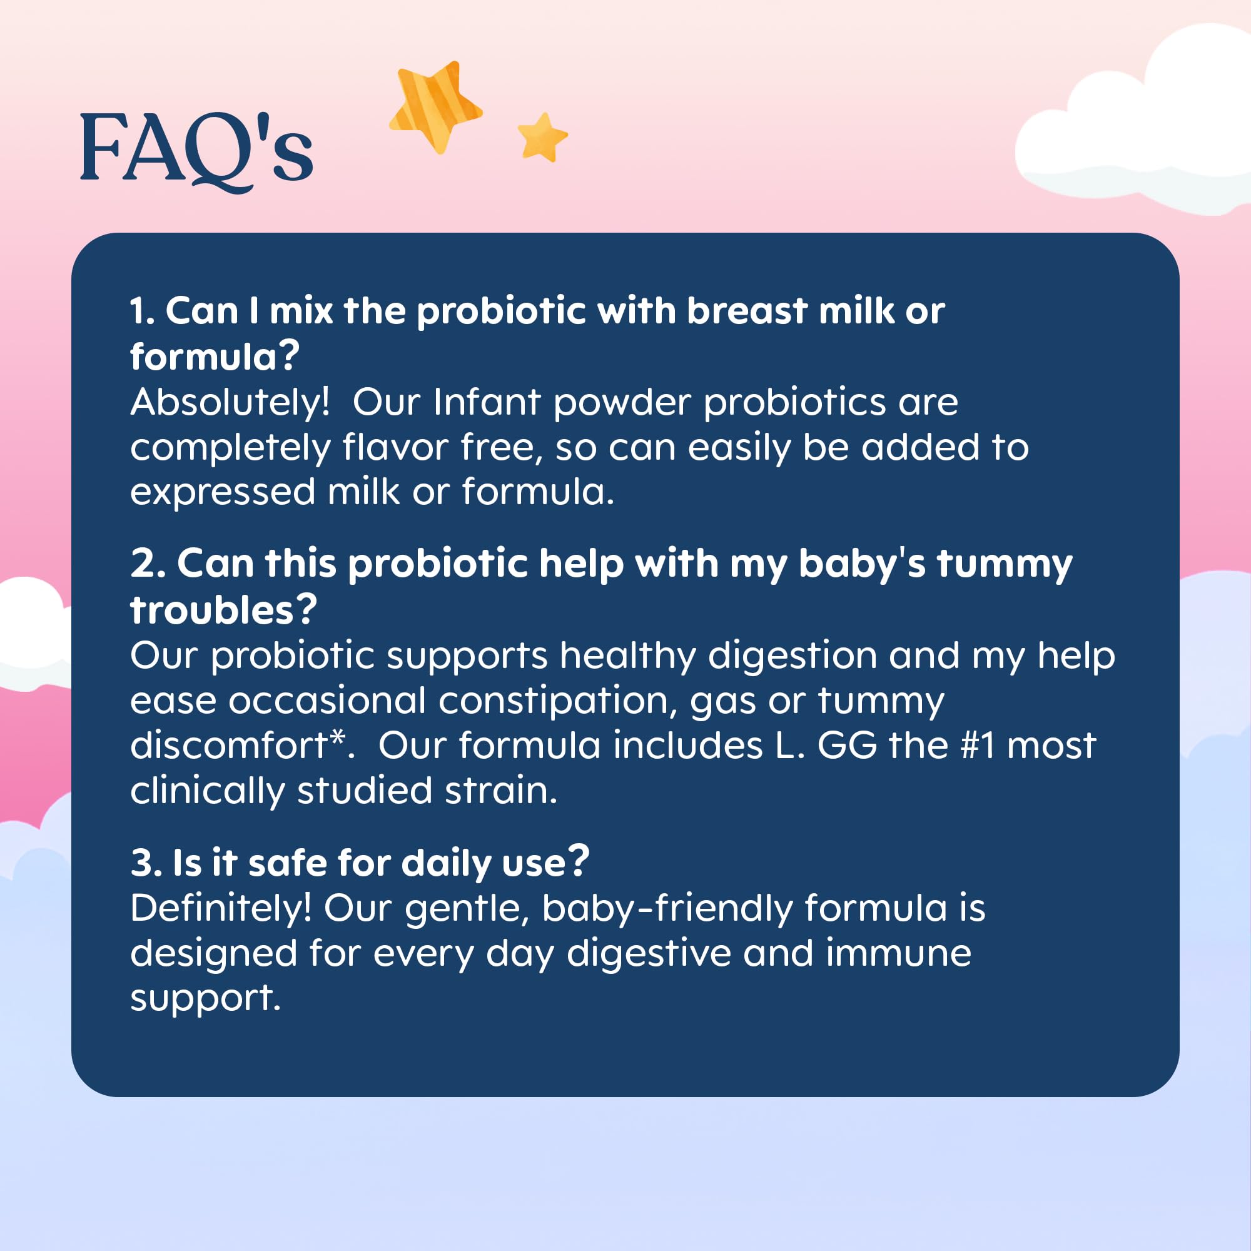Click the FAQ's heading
(x=196, y=151)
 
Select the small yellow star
(x=542, y=137)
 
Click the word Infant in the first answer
(x=487, y=402)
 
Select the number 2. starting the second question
(x=148, y=564)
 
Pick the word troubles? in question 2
(x=223, y=610)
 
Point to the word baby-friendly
(x=667, y=909)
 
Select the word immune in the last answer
(x=899, y=955)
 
